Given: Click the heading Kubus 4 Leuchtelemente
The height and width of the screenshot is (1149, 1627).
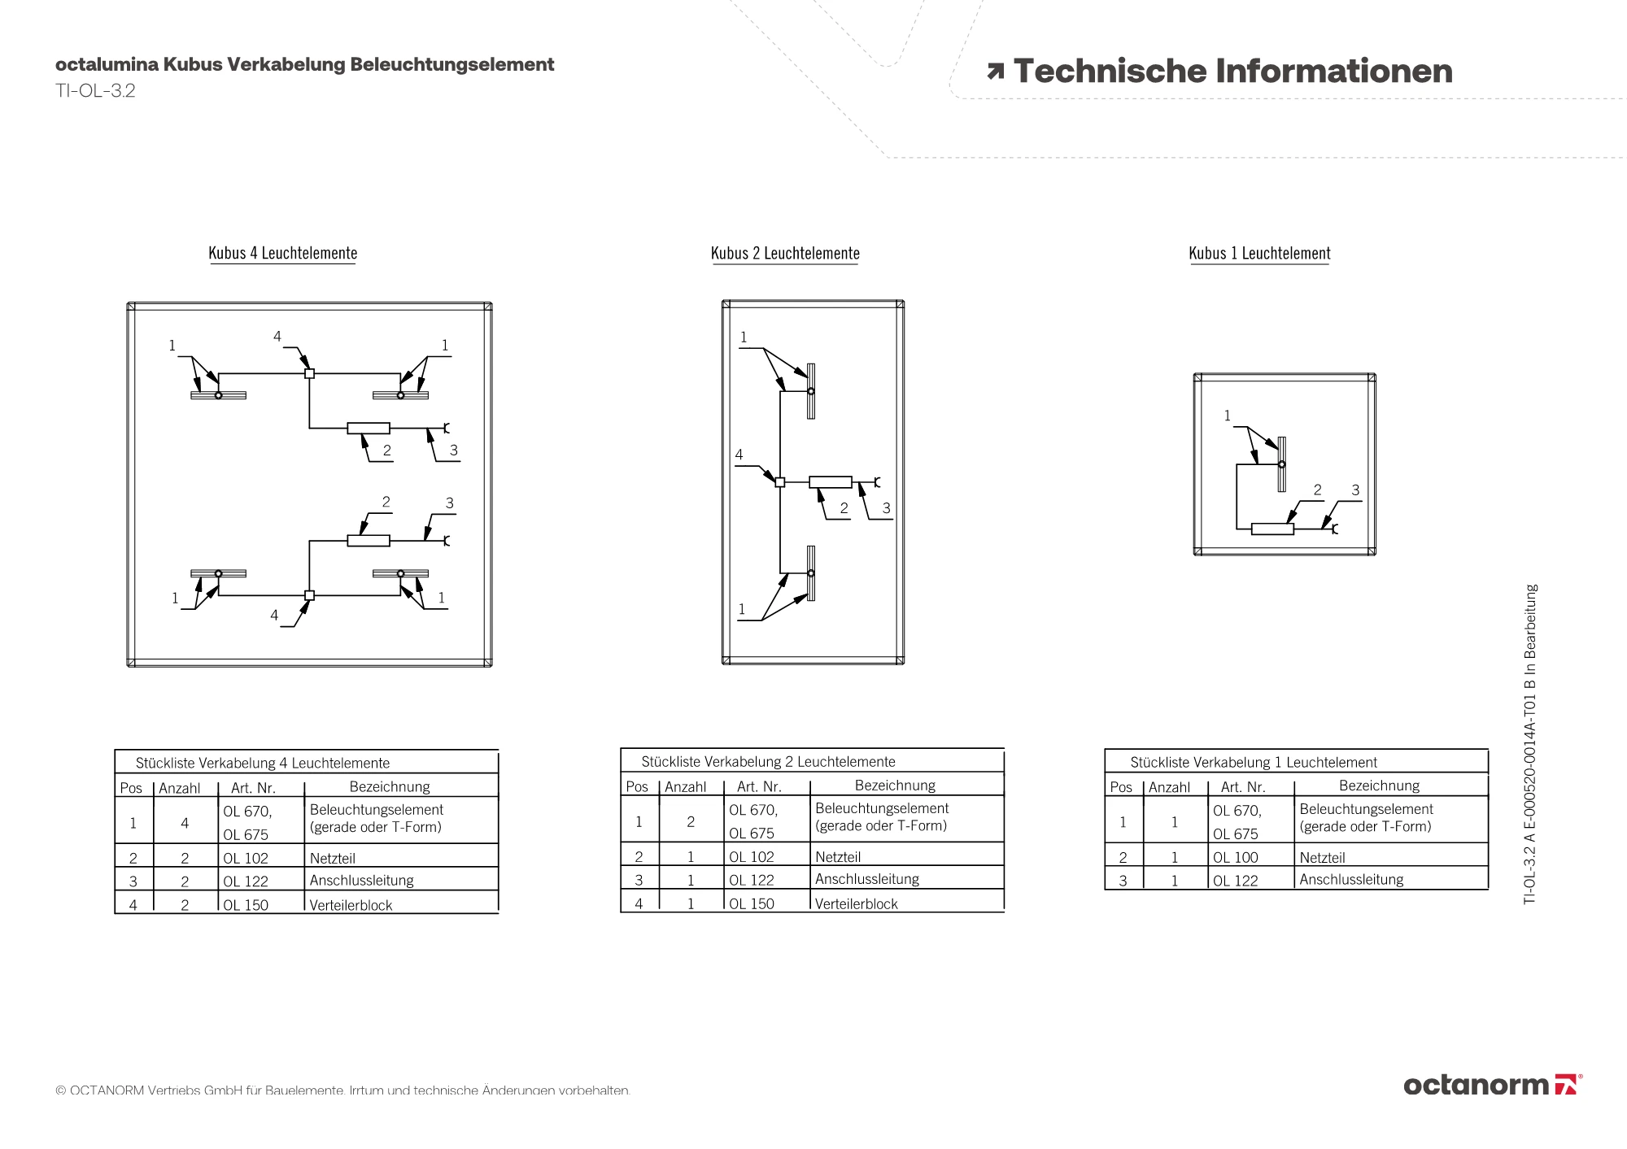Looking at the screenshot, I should point(282,253).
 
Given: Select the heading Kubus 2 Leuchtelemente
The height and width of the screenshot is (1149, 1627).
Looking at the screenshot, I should point(785,253).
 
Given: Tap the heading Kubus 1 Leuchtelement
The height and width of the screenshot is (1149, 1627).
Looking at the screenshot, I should point(1259,253).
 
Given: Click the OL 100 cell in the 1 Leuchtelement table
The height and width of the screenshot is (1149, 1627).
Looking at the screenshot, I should point(1235,857).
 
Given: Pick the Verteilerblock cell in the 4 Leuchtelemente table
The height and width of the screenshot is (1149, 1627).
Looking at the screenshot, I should point(351,905).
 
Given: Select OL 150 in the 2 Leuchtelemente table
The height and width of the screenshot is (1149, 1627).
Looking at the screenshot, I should point(751,903).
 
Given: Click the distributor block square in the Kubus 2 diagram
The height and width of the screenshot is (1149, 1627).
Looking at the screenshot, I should point(779,482).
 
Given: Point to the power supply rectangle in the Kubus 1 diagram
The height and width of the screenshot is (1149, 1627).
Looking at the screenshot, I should point(1272,529).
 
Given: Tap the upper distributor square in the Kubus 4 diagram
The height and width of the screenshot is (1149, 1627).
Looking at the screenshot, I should point(309,374).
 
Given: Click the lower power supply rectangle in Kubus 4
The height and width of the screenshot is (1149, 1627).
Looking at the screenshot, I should point(369,541).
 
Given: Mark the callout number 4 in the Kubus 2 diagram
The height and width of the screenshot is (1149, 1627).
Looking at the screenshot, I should point(739,455).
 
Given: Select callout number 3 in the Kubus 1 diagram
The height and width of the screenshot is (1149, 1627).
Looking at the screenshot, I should point(1355,490).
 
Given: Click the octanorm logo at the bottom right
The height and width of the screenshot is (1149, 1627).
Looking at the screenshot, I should point(1492,1085).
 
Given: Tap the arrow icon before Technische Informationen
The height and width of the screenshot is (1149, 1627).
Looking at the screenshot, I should point(995,72).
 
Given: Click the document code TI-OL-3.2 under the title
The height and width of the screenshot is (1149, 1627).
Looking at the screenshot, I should point(95,90).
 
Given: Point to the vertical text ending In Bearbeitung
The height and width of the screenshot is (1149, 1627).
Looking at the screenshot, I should point(1530,743).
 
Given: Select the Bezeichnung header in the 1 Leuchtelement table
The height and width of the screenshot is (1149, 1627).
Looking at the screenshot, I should point(1379,786).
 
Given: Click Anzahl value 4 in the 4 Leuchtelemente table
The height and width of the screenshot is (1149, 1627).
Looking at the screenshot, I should point(185,823).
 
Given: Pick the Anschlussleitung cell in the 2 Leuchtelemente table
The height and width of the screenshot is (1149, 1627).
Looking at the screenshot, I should point(866,879).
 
